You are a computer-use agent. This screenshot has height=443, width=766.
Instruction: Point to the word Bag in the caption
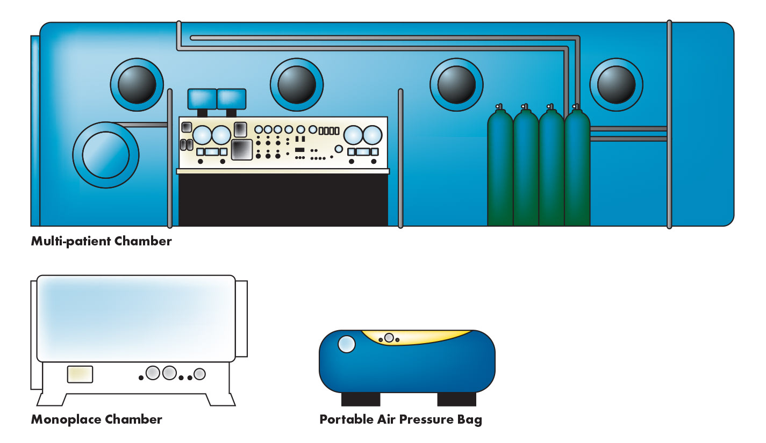click(470, 419)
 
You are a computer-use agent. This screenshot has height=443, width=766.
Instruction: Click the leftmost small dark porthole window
click(137, 85)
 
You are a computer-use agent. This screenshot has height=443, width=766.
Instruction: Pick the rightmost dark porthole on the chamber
click(616, 85)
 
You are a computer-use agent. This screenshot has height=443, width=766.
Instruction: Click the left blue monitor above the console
click(202, 99)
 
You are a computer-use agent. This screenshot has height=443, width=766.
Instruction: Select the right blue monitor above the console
click(231, 99)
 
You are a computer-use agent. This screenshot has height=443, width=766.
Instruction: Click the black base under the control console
click(283, 199)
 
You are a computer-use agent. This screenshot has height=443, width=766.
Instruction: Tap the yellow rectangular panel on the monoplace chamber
click(80, 374)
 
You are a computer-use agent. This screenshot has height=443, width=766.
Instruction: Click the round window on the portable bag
click(347, 344)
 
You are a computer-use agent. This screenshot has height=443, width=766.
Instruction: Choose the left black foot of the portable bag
click(361, 399)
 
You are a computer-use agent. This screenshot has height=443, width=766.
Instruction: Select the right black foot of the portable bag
click(456, 399)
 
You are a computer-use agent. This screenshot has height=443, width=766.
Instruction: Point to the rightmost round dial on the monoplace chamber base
click(200, 374)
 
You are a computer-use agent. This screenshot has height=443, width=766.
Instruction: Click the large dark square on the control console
click(242, 150)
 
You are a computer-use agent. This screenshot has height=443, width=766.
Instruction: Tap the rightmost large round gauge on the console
click(372, 134)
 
